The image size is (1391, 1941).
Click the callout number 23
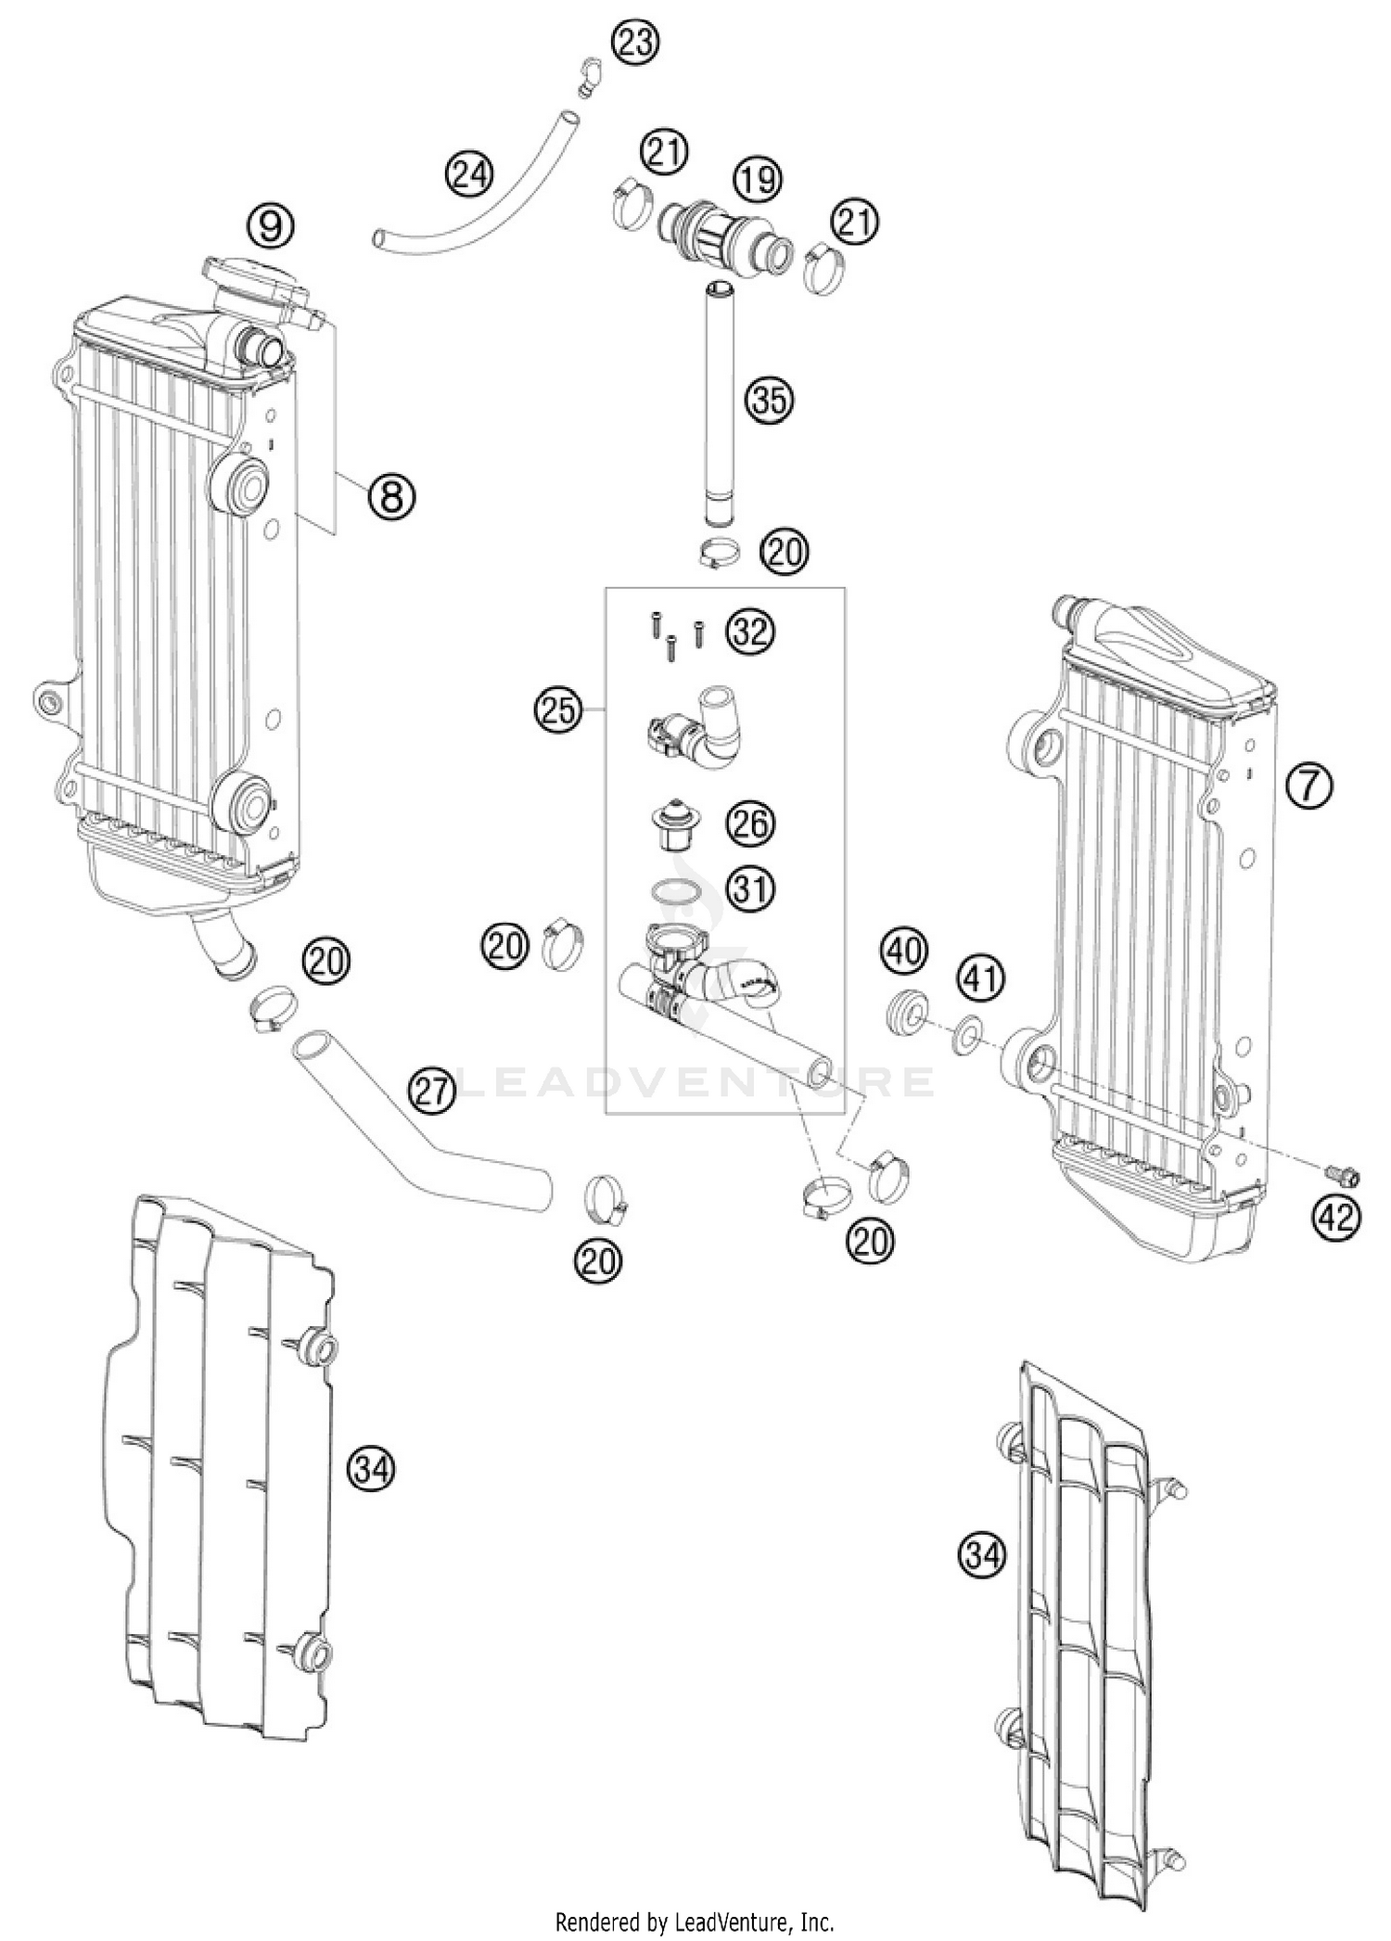click(635, 44)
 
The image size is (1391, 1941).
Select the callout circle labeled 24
click(469, 174)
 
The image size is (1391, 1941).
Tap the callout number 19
click(758, 178)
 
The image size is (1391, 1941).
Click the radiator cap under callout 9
click(252, 275)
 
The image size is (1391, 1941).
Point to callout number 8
click(390, 496)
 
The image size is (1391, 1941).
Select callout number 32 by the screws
click(749, 632)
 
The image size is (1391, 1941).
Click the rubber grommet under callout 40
click(904, 1010)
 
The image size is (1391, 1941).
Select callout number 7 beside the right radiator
click(1308, 785)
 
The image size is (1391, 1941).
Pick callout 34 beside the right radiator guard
click(982, 1553)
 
